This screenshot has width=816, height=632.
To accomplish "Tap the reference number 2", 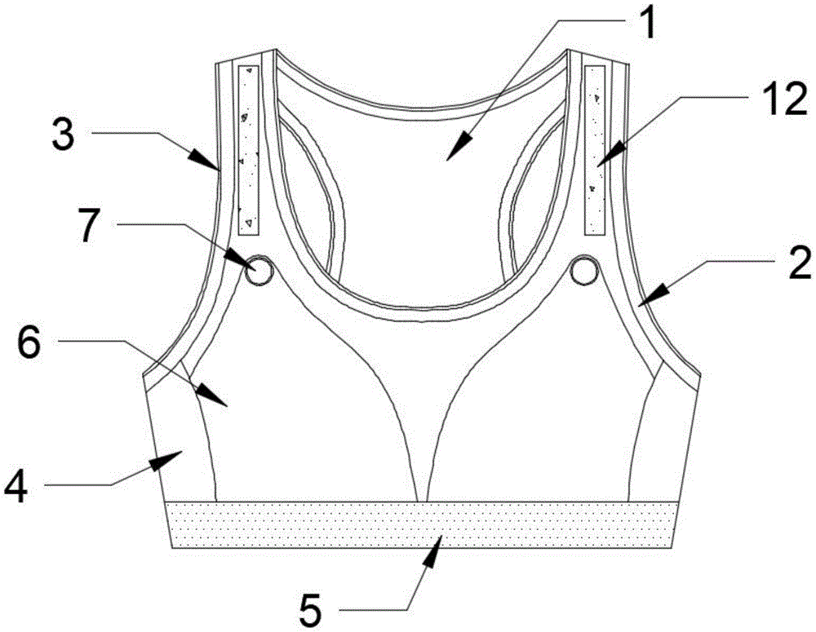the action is (x=796, y=263).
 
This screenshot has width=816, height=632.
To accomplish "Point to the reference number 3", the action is (x=63, y=133).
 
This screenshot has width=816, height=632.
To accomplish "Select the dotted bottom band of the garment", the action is (x=421, y=525).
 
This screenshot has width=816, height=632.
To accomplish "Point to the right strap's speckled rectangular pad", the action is (x=596, y=149).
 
